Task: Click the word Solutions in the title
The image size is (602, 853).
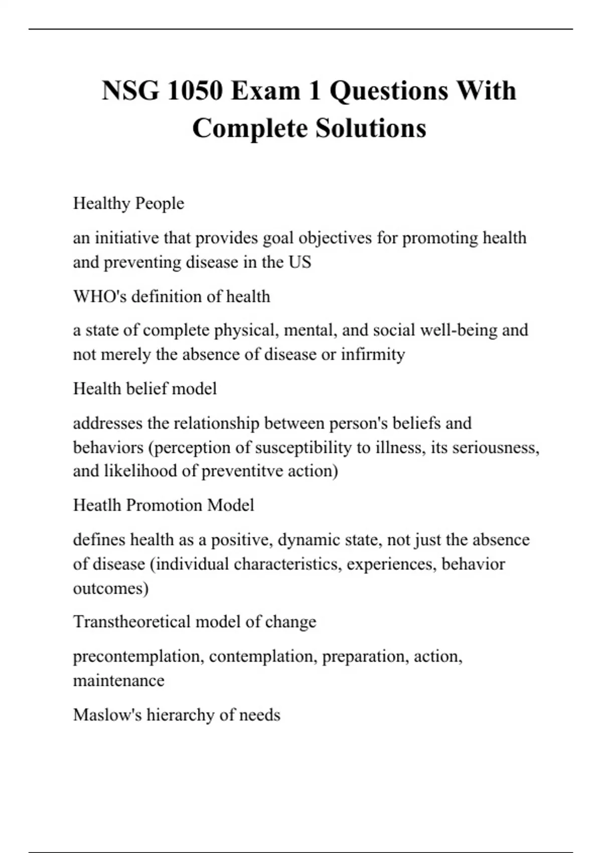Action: tap(371, 128)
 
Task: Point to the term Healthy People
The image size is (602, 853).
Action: tap(128, 203)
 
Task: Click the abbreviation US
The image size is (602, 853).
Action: tap(299, 262)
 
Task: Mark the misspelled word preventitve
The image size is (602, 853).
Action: tap(242, 471)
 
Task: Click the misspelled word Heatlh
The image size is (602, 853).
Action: tap(97, 505)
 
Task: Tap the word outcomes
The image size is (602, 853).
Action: tap(110, 588)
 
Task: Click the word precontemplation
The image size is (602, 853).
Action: tap(138, 656)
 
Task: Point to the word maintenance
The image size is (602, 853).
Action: tap(118, 680)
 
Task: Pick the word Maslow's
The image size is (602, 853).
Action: tap(107, 715)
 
